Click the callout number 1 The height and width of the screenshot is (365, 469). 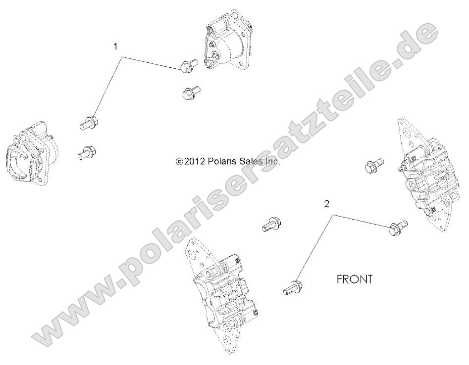pos(116,47)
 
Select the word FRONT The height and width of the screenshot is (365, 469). pos(354,279)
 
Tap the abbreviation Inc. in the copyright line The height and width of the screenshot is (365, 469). pos(273,161)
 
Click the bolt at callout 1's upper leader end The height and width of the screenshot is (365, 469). pos(188,66)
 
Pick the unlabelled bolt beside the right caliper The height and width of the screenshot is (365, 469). pos(374,166)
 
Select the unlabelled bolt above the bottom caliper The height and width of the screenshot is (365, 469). pos(271,225)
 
